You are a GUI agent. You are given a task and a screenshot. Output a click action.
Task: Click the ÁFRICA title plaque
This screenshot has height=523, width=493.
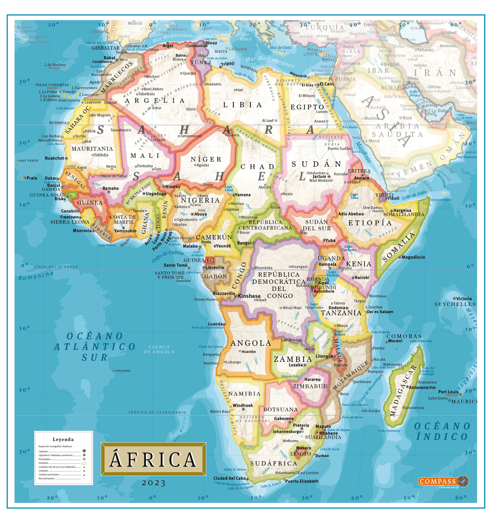pos(153,459)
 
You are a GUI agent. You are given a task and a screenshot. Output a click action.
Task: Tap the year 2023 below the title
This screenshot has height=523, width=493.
pos(153,483)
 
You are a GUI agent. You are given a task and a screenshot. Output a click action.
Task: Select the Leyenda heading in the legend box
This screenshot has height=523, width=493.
pos(63,439)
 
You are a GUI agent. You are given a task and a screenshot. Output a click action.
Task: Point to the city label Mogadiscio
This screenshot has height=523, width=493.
pos(413,257)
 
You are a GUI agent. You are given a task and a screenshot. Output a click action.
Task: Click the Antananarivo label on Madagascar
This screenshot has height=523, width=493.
pos(422,387)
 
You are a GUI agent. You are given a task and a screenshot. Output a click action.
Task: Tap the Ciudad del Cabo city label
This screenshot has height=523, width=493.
pos(230,478)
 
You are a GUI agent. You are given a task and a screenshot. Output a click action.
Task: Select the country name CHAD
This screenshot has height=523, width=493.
pos(257,166)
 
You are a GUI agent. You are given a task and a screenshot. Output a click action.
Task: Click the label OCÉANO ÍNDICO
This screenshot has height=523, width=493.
pos(442,431)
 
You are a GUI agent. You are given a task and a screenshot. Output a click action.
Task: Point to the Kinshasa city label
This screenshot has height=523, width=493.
pos(249,296)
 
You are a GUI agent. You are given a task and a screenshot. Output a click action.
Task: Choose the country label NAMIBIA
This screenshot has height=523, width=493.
pos(244,394)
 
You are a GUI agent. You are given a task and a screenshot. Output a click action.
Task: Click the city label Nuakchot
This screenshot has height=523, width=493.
pos(55,158)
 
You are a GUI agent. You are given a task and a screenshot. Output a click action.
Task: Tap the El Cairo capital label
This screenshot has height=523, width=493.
pos(327,84)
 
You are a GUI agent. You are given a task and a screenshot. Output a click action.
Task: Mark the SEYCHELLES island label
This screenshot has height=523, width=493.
pos(455,304)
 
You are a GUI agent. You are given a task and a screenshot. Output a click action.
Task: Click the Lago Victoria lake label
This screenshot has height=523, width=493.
pos(332,273)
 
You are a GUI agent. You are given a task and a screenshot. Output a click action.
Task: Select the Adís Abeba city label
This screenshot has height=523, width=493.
pos(349,214)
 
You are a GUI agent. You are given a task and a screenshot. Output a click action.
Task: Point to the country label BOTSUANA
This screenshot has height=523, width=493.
pos(281,409)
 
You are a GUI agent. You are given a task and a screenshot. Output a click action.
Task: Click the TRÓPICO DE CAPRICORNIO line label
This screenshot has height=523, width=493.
pos(157,412)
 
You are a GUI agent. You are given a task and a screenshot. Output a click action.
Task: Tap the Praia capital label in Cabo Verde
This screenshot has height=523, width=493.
pos(32,178)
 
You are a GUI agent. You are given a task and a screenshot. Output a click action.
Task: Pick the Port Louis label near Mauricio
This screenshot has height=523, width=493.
pos(448,392)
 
